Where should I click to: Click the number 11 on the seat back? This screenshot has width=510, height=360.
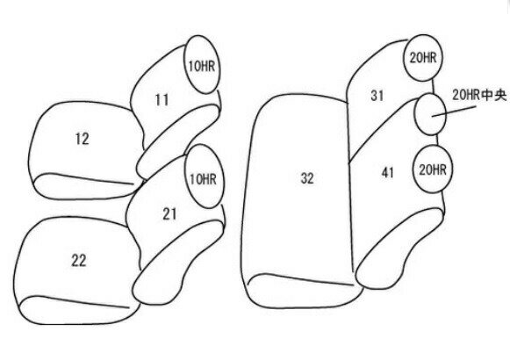(x=162, y=100)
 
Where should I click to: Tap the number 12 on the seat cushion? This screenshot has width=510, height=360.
(x=82, y=139)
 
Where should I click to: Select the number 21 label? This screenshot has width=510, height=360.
(x=169, y=214)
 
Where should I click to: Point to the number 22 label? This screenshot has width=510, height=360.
(x=79, y=261)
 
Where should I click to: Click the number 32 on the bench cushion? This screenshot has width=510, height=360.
(x=307, y=178)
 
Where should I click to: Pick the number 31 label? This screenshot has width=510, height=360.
(x=377, y=96)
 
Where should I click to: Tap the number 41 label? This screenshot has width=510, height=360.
(x=388, y=173)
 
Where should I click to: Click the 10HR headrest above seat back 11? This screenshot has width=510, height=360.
(x=202, y=64)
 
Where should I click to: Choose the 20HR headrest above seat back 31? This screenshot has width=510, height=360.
(x=423, y=58)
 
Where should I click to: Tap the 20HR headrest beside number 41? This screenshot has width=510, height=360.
(x=433, y=169)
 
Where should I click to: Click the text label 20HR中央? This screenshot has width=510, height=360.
(x=479, y=95)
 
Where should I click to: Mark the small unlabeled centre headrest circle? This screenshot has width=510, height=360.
(x=430, y=114)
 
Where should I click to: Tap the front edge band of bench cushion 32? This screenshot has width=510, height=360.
(x=304, y=291)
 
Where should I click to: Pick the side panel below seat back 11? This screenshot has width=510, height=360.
(x=177, y=141)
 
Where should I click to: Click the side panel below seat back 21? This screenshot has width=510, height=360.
(x=177, y=263)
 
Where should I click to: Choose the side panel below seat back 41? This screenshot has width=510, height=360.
(x=399, y=248)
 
